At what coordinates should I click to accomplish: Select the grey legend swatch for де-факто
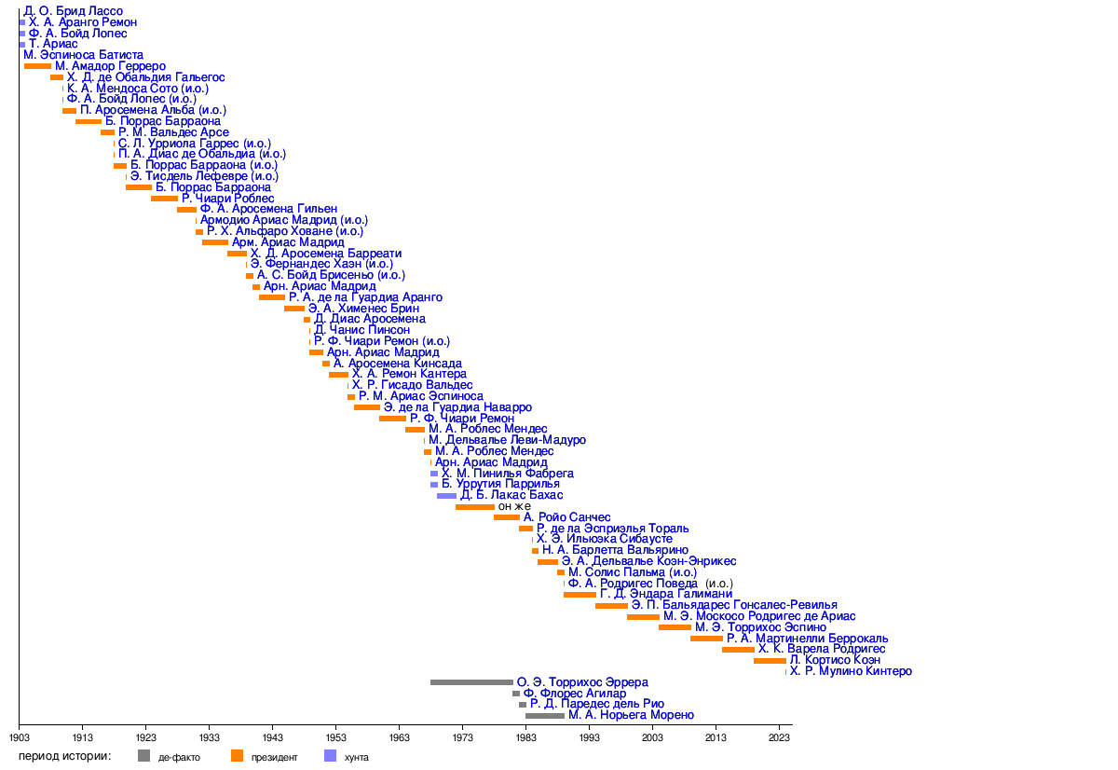click(x=143, y=756)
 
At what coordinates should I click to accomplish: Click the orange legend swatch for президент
click(x=237, y=756)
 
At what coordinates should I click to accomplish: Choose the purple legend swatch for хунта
click(x=330, y=756)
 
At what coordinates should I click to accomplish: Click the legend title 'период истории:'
click(x=65, y=756)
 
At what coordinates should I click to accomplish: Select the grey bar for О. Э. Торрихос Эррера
click(x=471, y=682)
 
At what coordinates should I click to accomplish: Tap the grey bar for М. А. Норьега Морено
click(x=544, y=715)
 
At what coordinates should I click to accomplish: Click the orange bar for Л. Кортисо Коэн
click(x=770, y=660)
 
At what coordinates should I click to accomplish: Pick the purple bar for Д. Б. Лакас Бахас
click(x=446, y=495)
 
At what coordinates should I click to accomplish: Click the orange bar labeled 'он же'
click(x=474, y=506)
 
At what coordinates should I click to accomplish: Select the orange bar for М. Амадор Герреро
click(x=37, y=66)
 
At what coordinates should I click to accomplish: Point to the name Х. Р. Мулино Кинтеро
click(x=851, y=671)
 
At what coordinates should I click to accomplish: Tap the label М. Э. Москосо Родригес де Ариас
click(x=759, y=616)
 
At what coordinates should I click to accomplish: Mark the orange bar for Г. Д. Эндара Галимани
click(x=579, y=594)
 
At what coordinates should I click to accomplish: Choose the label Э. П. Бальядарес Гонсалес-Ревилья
click(x=734, y=605)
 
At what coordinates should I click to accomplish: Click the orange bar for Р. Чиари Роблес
click(x=164, y=199)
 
